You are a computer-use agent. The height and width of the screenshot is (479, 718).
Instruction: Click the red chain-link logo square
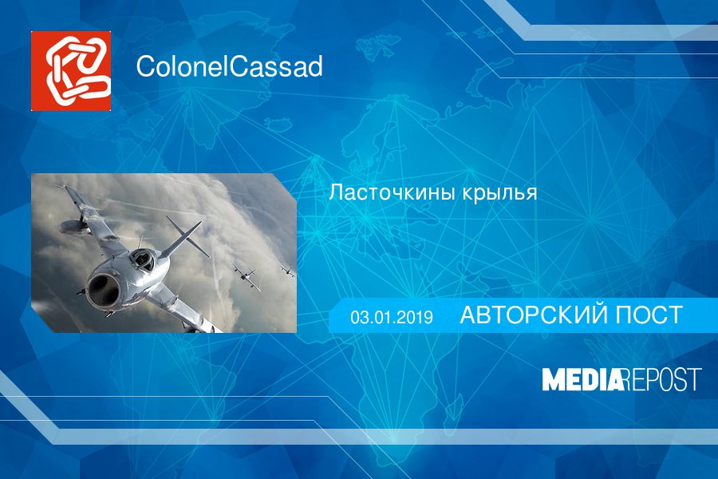click(71, 71)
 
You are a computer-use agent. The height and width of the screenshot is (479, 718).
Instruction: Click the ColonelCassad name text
click(229, 68)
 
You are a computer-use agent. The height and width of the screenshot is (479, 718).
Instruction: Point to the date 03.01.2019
click(391, 317)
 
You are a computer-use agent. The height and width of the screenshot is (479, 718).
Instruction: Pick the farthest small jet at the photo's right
click(286, 271)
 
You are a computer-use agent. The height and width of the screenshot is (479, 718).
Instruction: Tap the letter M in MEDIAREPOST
click(554, 379)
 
